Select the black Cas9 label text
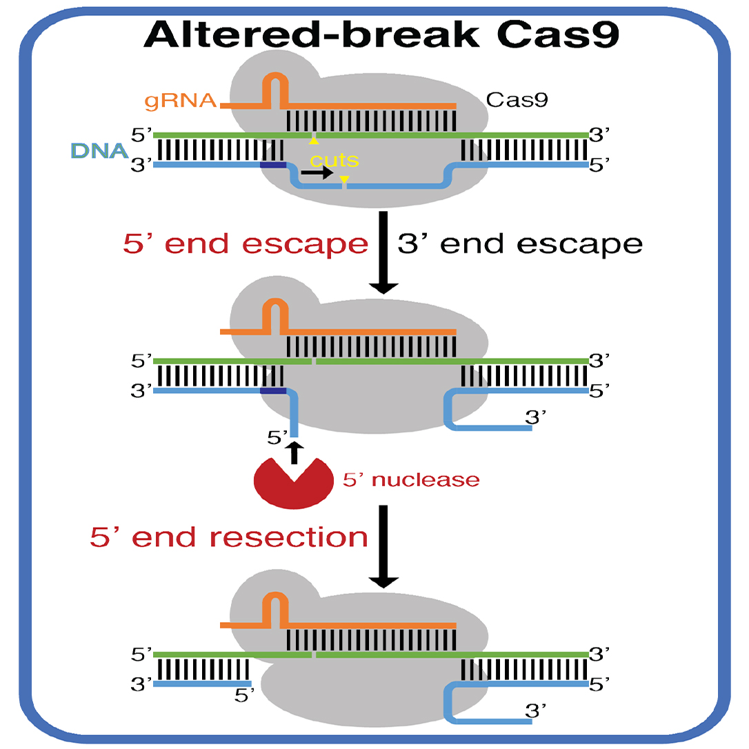517,100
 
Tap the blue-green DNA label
97,150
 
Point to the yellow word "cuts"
334,161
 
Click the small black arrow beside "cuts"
316,176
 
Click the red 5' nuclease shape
292,481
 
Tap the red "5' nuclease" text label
411,479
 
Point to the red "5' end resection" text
229,537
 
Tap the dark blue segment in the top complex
273,165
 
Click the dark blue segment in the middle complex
273,390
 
